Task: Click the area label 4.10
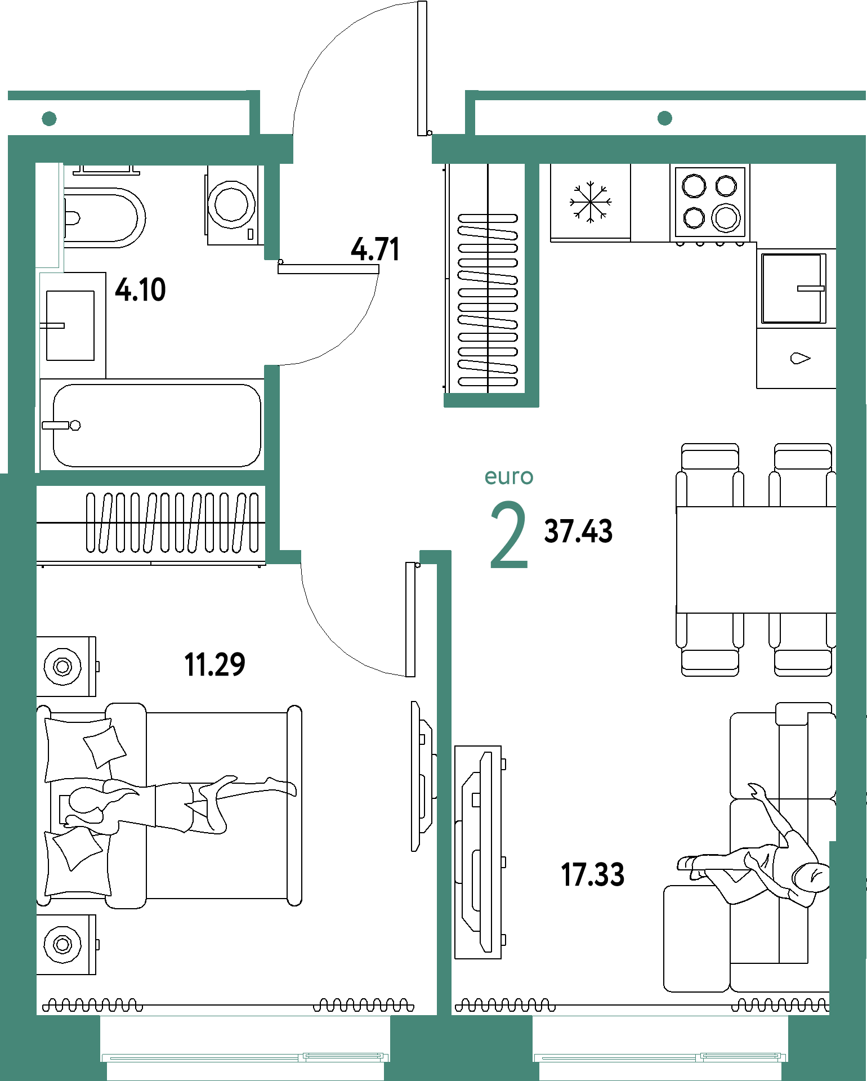click(x=140, y=291)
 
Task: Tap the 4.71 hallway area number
click(x=376, y=249)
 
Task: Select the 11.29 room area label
click(x=215, y=664)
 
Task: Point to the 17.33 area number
click(x=593, y=875)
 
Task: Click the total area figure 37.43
click(x=578, y=531)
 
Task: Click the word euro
click(x=509, y=477)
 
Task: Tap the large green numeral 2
click(x=508, y=535)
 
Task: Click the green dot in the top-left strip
click(x=50, y=119)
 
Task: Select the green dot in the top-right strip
click(x=665, y=118)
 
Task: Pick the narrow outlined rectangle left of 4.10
click(x=49, y=216)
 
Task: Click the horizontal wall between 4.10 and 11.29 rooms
click(x=150, y=478)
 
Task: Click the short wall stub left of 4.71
click(x=272, y=211)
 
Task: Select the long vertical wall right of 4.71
click(x=532, y=282)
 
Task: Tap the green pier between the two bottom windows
click(x=461, y=1047)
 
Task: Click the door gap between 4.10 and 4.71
click(x=272, y=312)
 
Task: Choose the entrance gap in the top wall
click(x=363, y=149)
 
